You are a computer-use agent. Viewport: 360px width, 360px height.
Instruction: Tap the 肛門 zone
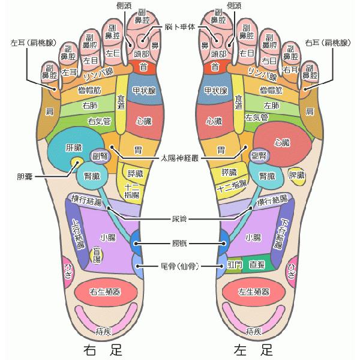(x=234, y=265)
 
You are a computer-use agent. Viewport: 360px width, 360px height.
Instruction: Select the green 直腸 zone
(x=259, y=265)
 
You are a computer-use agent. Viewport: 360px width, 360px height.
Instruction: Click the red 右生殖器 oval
(x=106, y=292)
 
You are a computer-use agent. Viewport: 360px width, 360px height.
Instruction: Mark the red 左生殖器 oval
(x=253, y=292)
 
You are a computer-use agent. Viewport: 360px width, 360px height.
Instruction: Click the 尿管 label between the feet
(x=179, y=220)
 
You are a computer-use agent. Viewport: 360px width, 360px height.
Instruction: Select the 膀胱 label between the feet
(x=179, y=244)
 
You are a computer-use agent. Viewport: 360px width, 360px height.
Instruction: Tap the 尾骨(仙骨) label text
(x=179, y=265)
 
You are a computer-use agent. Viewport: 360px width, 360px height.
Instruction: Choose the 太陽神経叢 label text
(x=180, y=159)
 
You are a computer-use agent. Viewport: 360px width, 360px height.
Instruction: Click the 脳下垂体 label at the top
(x=183, y=27)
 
